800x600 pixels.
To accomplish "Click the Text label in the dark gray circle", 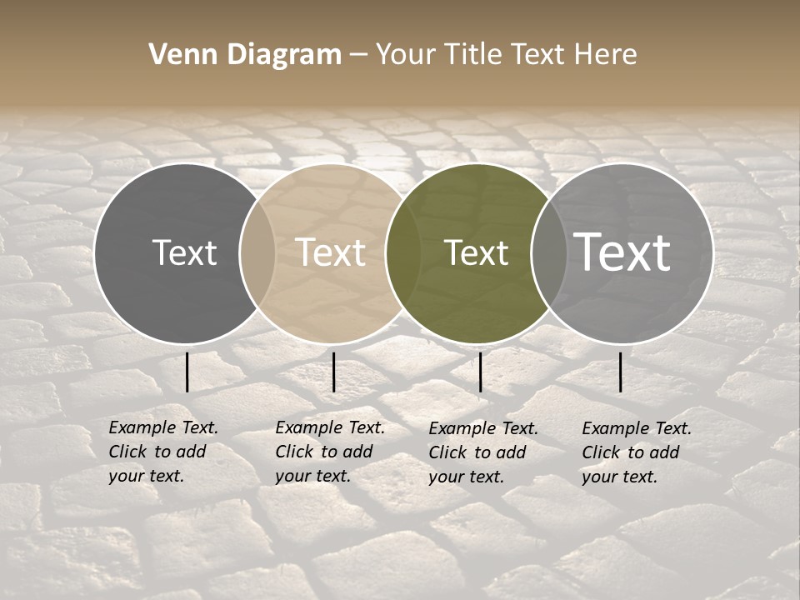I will click(x=184, y=252).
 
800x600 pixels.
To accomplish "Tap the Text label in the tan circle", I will click(x=331, y=252).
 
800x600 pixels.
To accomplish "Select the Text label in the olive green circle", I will click(x=477, y=252).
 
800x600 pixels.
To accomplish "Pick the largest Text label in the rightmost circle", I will click(x=622, y=252).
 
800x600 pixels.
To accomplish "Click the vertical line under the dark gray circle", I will click(x=187, y=372).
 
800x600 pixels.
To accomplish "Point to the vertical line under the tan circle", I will click(x=333, y=372).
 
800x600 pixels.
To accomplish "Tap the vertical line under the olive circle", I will click(x=481, y=372).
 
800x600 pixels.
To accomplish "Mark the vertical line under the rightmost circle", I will click(x=620, y=372).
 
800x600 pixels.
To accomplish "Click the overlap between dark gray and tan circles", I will click(x=257, y=253).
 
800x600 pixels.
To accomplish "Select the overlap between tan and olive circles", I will click(x=403, y=253).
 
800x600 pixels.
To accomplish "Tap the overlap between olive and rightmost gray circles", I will click(x=548, y=253).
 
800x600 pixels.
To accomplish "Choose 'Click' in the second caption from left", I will click(x=294, y=452).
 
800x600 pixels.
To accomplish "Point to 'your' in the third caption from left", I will click(x=447, y=477).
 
